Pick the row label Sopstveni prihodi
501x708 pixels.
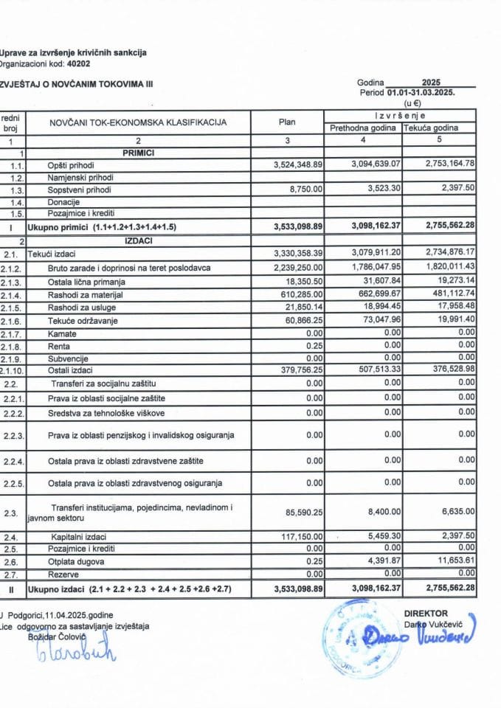click(x=77, y=190)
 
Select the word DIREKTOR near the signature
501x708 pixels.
click(x=425, y=613)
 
